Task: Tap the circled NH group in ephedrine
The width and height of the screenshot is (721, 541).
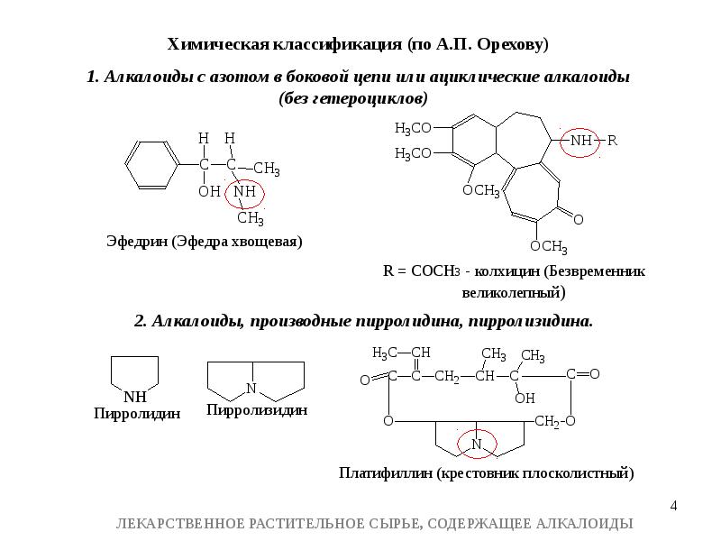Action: tap(245, 192)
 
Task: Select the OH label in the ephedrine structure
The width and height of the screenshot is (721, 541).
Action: tap(208, 192)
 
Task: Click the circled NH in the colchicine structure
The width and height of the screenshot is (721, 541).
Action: tap(581, 142)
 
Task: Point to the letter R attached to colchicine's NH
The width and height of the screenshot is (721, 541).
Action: tap(613, 141)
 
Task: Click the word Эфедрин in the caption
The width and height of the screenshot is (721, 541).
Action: tap(137, 242)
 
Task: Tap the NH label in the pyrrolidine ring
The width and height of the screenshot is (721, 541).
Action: tap(134, 396)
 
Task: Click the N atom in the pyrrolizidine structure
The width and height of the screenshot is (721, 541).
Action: tap(251, 389)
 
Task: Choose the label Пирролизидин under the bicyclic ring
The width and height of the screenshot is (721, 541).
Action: tap(258, 409)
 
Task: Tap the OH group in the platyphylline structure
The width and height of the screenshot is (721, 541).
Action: tap(524, 397)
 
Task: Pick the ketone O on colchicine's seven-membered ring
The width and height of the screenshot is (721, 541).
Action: tap(578, 219)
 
